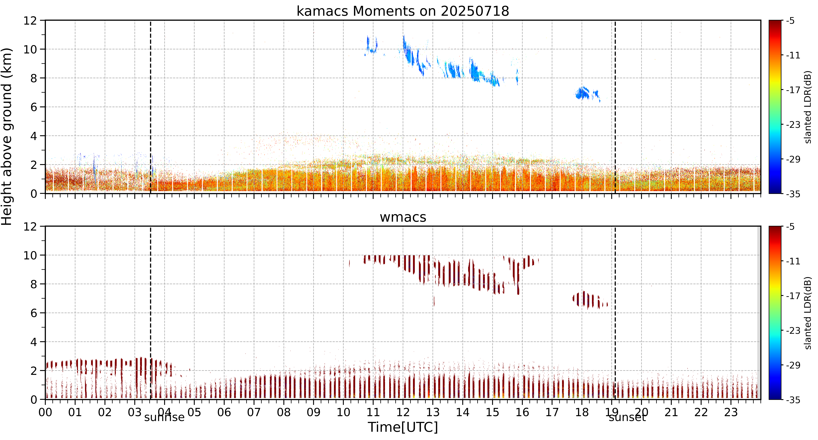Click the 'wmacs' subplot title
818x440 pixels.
[403, 217]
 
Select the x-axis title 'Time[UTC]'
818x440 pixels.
[403, 427]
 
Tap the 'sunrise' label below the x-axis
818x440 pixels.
[164, 417]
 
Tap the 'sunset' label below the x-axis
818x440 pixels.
[627, 417]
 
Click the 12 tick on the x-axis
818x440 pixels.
[403, 412]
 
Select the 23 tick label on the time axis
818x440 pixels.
[731, 412]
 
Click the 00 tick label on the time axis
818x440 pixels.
[45, 412]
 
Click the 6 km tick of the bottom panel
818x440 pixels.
[34, 313]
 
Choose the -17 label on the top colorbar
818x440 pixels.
[793, 90]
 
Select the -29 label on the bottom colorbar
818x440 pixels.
[793, 365]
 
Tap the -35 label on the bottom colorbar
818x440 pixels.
[793, 400]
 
